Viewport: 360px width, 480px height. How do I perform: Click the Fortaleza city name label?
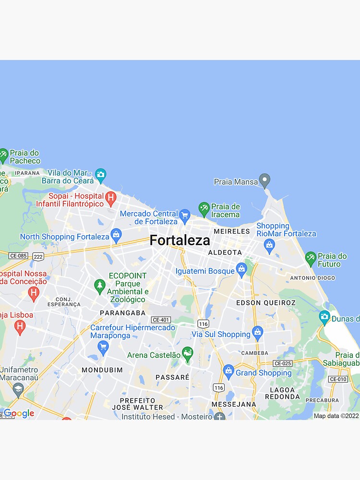180,240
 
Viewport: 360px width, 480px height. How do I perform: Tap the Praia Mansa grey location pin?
264,181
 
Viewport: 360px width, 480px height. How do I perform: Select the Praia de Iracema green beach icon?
204,209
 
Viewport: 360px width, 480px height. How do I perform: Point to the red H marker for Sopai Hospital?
111,198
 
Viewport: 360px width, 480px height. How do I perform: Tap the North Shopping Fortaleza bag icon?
116,235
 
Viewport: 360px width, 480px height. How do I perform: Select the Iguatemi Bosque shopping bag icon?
241,270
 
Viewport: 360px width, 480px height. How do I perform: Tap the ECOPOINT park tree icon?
100,287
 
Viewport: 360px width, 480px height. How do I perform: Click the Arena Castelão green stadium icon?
188,354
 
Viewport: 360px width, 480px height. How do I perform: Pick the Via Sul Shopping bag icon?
258,333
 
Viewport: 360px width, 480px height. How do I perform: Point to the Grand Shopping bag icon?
228,372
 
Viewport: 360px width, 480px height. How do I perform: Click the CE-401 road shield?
160,320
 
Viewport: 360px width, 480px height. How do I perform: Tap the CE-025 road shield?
282,363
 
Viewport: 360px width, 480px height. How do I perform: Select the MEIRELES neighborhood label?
232,231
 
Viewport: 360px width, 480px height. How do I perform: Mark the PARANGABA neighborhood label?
122,312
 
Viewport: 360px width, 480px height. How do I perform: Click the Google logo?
19,413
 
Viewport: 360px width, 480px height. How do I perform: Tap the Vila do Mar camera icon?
100,175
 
